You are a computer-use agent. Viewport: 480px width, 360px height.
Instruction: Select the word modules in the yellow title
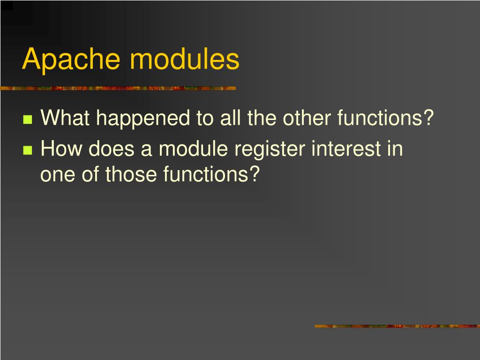point(184,60)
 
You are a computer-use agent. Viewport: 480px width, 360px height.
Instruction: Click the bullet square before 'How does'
point(27,150)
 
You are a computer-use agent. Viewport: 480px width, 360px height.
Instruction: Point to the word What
point(65,119)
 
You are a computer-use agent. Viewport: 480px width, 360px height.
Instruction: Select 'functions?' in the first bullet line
point(386,119)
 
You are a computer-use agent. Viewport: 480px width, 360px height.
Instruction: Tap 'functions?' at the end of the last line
point(211,175)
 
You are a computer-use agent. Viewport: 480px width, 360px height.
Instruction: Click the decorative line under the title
point(118,88)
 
